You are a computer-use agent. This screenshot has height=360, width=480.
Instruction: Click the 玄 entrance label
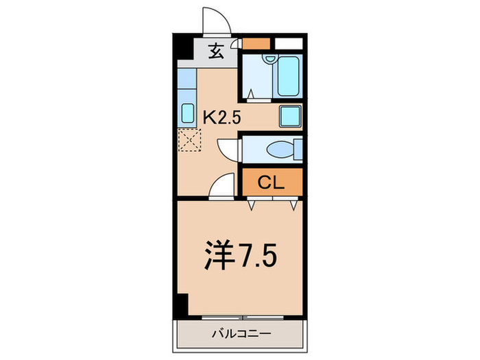(x=216, y=50)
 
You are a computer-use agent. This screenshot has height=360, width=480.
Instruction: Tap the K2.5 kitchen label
(x=221, y=117)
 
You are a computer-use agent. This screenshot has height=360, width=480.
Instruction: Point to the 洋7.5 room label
(x=240, y=256)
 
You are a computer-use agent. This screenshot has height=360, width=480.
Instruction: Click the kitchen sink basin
(x=187, y=113)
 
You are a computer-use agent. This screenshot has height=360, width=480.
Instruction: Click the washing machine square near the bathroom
(x=291, y=116)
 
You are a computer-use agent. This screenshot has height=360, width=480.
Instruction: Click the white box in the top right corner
(x=289, y=43)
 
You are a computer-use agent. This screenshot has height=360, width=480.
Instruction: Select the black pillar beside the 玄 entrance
(x=180, y=49)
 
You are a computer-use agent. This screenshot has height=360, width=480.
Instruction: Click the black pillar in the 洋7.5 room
(x=180, y=304)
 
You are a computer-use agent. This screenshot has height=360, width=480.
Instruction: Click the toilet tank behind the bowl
(x=297, y=149)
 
